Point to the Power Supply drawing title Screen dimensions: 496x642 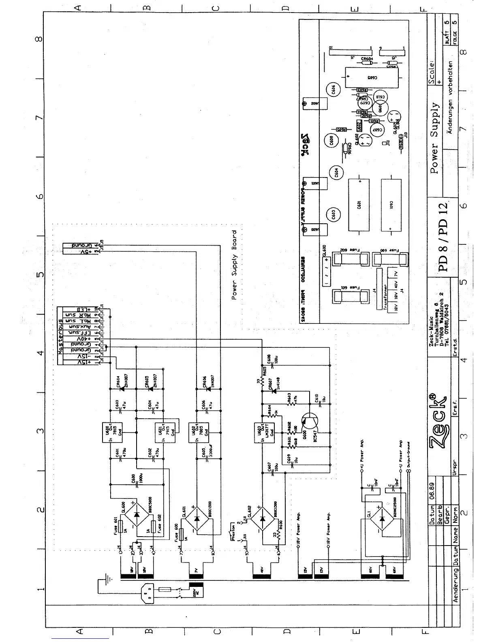[434, 138]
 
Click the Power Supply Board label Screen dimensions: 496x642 [234, 265]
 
